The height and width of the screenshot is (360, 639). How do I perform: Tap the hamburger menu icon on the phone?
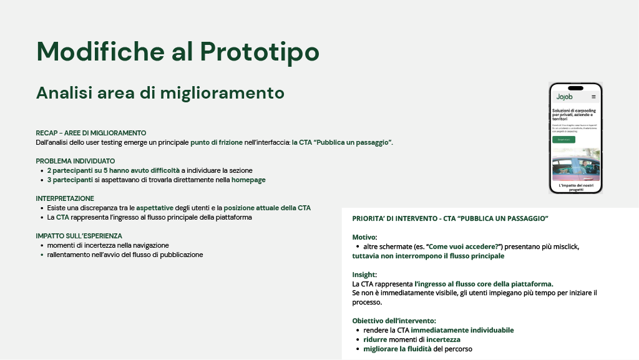(593, 97)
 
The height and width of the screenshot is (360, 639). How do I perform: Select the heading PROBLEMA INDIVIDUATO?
(76, 161)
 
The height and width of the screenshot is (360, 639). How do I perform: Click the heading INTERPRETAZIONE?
(65, 198)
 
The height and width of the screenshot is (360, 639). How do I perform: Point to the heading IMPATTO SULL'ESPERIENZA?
(79, 236)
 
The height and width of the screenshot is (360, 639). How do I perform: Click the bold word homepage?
(248, 180)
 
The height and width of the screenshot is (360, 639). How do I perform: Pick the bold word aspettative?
(155, 208)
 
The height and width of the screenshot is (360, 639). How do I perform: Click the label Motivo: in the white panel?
(364, 237)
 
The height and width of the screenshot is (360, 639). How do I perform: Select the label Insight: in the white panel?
(364, 275)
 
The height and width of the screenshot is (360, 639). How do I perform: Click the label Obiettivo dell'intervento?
(394, 321)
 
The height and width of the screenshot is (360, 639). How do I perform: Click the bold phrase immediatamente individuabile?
(462, 330)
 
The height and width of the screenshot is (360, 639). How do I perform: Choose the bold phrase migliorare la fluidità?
(397, 349)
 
